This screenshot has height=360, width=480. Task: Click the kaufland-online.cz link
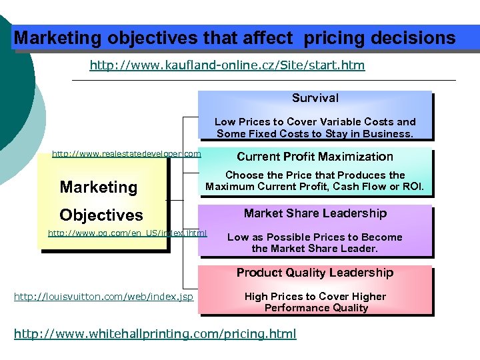coord(227,66)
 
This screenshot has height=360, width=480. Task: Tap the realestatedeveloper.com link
coord(126,154)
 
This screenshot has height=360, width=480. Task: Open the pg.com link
coord(127,233)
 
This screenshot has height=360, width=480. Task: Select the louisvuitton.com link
coord(103,296)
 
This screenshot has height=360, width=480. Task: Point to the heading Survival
coord(315,98)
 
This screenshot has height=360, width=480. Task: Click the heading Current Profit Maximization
coord(315,157)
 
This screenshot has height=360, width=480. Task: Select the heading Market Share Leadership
coord(315,213)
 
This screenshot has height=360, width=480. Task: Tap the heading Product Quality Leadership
coord(315,273)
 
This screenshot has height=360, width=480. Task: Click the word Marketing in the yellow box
coord(99,187)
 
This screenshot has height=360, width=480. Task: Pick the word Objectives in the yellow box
coord(101,215)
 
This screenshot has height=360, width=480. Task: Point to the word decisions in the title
coord(413,38)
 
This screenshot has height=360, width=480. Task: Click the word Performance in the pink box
coord(295,308)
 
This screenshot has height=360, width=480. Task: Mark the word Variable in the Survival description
coord(336,122)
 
